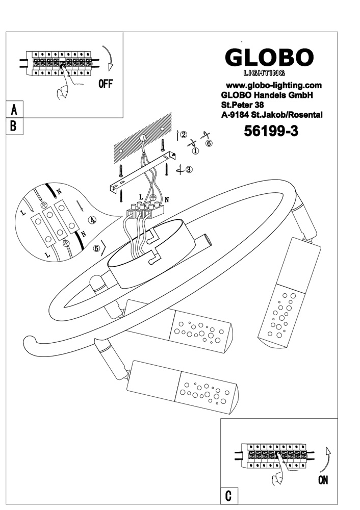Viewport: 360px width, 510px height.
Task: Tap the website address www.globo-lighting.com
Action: pos(273,85)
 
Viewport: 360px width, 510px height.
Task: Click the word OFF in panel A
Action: pos(105,84)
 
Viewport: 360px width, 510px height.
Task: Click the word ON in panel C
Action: pos(322,479)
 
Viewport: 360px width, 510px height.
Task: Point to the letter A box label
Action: pos(14,109)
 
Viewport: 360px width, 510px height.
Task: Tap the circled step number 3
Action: pos(189,170)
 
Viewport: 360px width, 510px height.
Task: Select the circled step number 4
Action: pos(92,220)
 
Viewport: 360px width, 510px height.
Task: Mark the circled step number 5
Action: pos(96,249)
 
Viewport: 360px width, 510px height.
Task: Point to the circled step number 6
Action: pos(209,143)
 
